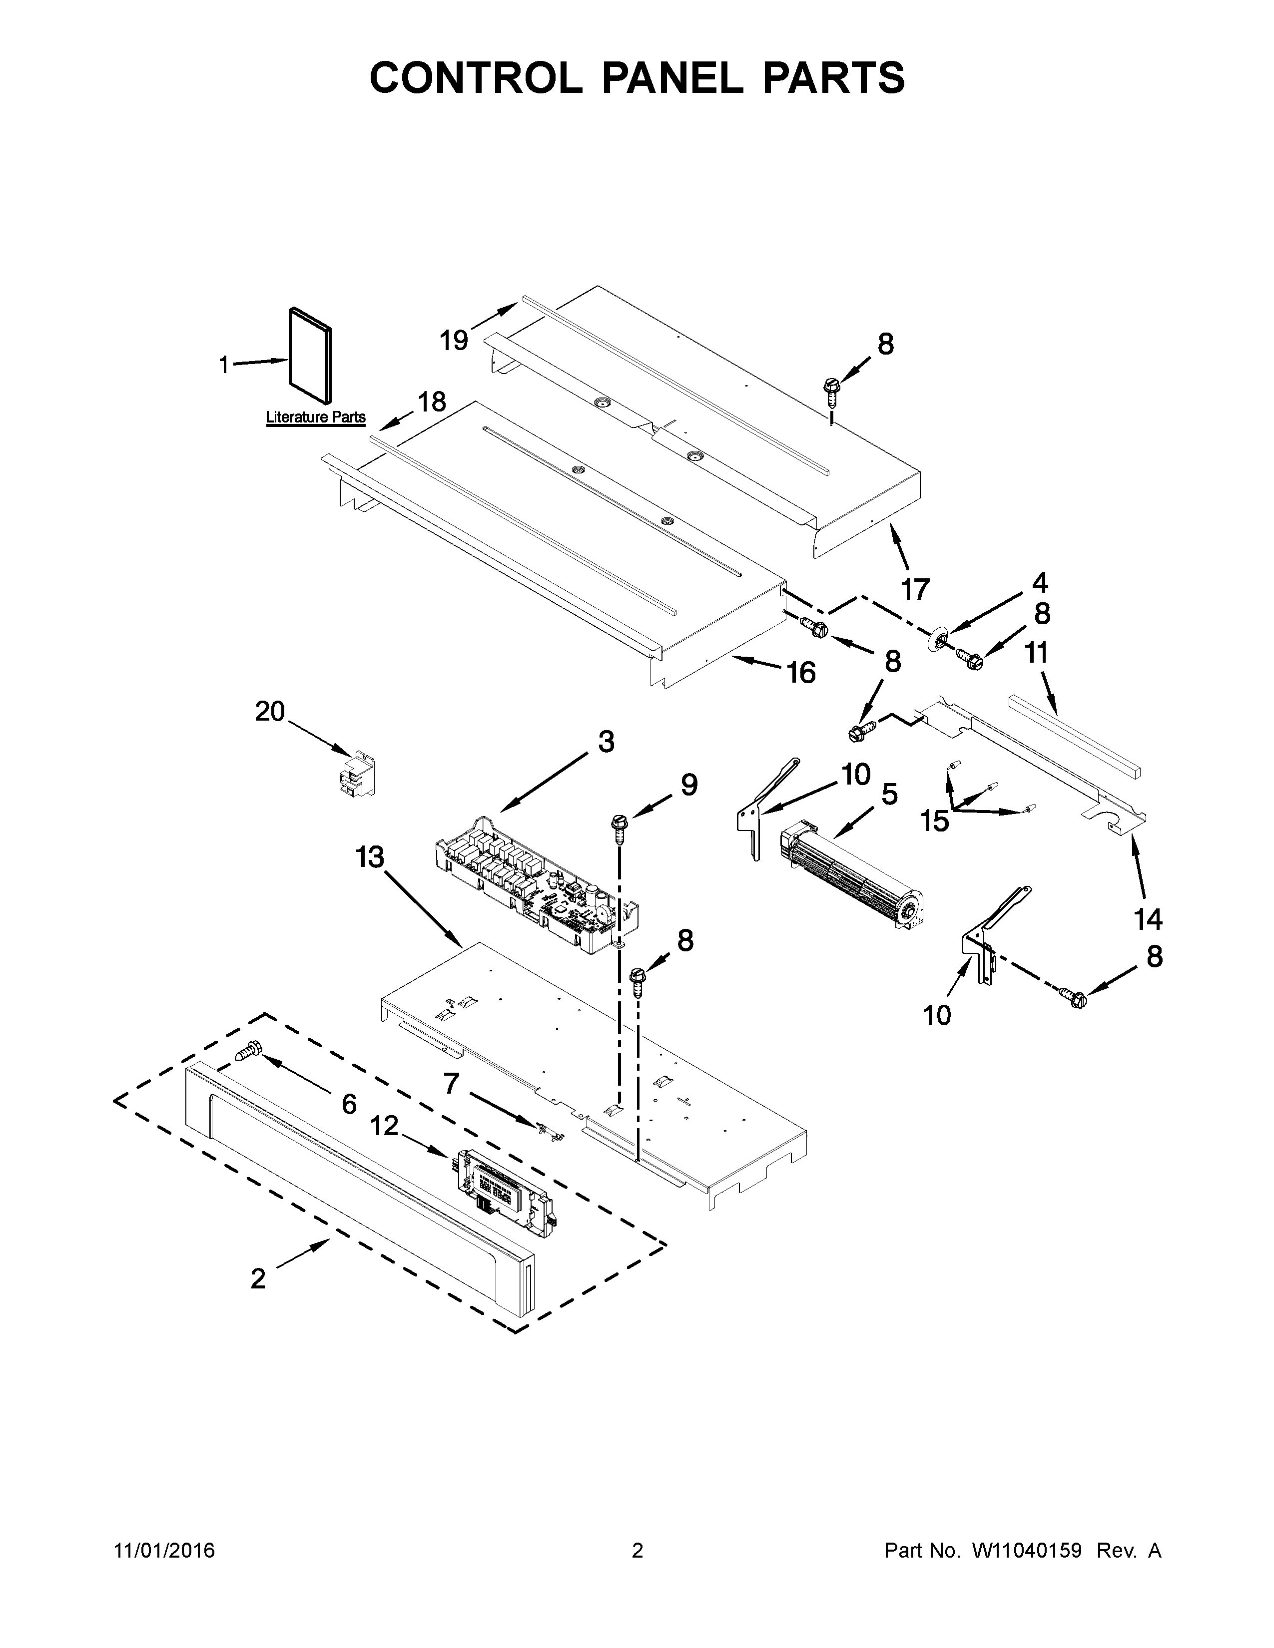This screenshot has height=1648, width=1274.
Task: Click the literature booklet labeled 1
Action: [310, 355]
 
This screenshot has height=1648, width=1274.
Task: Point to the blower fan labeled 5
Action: [851, 875]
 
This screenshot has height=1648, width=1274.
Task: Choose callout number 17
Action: [915, 589]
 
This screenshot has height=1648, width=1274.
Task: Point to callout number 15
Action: [934, 820]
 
